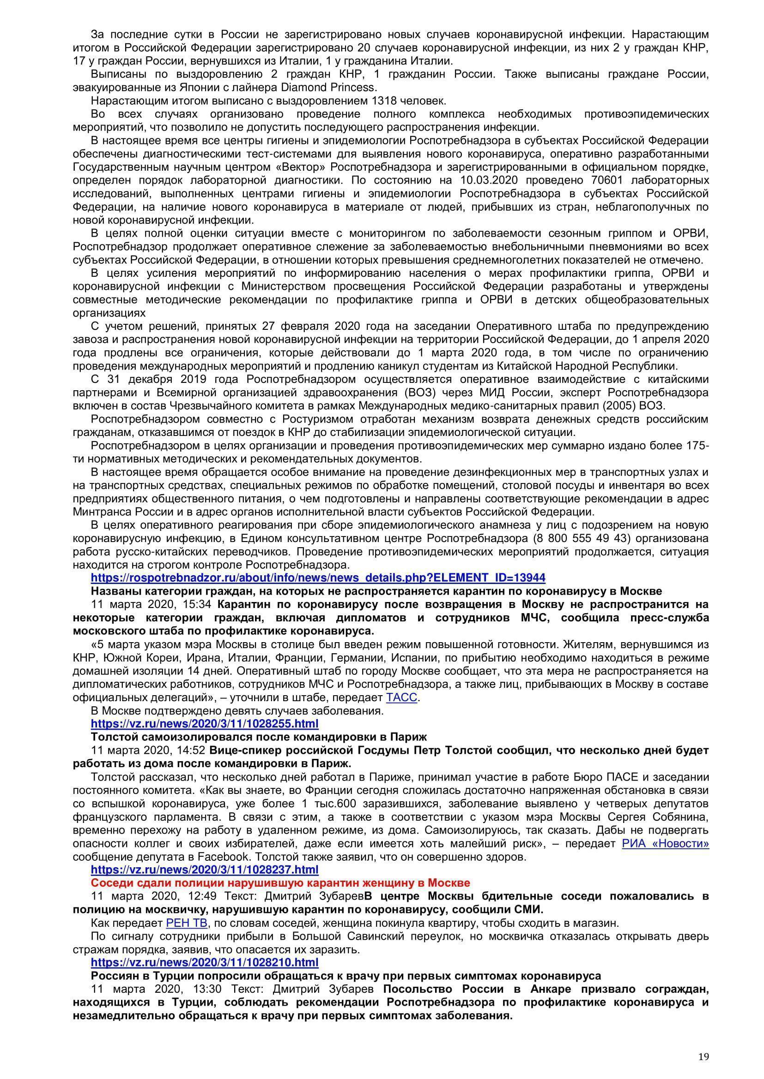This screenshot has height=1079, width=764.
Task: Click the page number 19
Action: [x=703, y=1044]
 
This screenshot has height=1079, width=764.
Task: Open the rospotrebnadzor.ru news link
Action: [x=318, y=578]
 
